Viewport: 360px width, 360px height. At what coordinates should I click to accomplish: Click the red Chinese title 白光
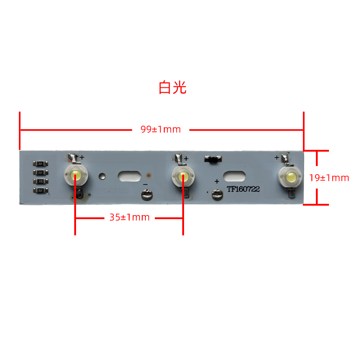[172, 87]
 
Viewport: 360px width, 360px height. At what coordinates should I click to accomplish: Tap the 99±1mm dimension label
[161, 130]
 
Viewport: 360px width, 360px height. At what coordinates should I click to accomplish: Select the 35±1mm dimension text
[130, 217]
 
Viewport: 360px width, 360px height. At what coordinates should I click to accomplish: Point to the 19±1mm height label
[329, 178]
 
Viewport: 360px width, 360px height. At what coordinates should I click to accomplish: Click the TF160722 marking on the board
[243, 189]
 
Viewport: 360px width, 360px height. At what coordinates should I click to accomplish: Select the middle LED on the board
[183, 176]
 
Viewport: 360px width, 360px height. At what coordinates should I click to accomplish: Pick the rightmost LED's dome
[291, 176]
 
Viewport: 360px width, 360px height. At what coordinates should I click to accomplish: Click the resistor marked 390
[40, 181]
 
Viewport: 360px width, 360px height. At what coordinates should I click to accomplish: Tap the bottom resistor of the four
[40, 190]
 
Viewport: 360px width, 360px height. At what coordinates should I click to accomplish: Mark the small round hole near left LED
[103, 175]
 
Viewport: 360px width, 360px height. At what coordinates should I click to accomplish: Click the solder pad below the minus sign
[147, 195]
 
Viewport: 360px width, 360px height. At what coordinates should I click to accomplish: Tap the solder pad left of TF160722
[217, 195]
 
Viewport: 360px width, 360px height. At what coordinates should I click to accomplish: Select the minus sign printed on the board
[145, 184]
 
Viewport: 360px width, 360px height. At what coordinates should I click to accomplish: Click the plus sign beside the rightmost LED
[276, 157]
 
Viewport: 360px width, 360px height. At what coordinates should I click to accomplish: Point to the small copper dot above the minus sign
[148, 175]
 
